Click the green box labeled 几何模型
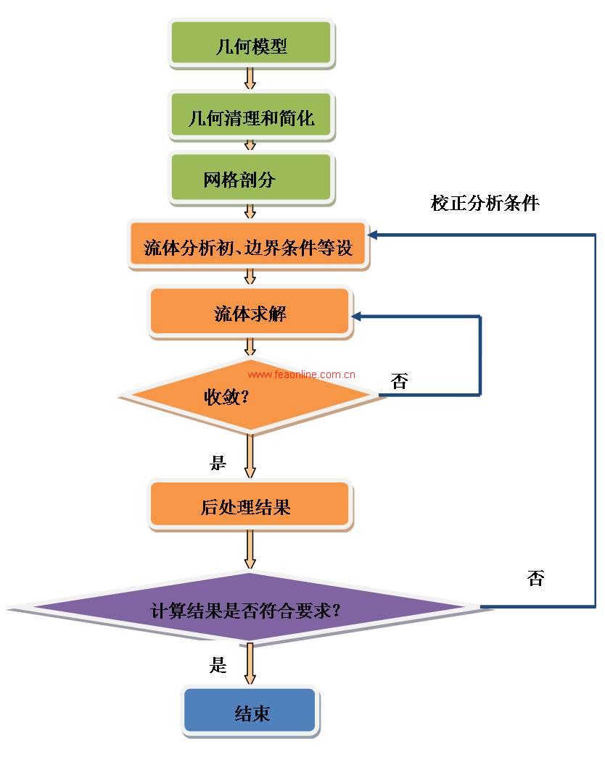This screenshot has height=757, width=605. point(251,45)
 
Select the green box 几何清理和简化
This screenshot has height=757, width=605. point(251,115)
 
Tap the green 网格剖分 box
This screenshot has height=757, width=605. point(251,177)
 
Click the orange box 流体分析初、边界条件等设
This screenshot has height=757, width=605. point(248,246)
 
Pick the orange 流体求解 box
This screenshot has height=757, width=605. point(250,312)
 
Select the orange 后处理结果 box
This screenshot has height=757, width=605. point(250,504)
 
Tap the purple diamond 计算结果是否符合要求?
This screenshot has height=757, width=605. point(247,608)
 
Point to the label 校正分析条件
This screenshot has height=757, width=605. point(485,202)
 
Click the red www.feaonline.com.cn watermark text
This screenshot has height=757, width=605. point(301,375)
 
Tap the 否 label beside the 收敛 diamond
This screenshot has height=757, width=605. point(399,382)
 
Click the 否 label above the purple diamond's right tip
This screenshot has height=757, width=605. point(535,577)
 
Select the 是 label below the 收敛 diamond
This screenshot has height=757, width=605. point(218,462)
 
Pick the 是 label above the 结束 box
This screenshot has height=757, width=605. point(218,664)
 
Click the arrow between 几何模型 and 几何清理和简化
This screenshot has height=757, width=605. point(250,78)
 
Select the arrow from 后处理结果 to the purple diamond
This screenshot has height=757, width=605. point(250,550)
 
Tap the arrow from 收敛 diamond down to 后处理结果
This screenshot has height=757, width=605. point(250,456)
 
